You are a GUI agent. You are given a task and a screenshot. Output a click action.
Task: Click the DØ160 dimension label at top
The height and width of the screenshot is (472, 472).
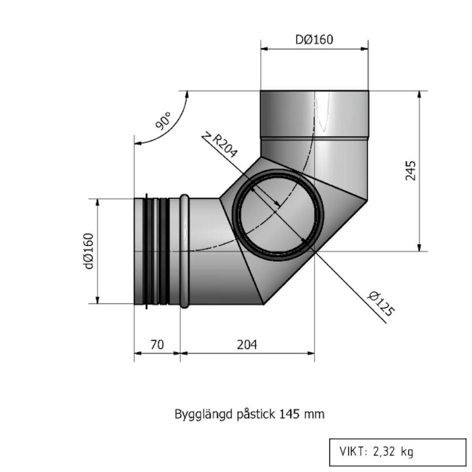pos(314,40)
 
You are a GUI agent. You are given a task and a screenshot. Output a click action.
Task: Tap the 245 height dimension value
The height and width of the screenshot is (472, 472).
pos(411,170)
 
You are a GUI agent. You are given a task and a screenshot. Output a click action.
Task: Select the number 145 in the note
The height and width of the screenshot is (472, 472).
pos(289,415)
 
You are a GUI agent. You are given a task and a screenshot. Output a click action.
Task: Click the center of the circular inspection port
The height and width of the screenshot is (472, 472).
pos(278,213)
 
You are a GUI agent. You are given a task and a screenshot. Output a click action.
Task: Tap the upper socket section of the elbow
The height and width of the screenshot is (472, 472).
pos(314,115)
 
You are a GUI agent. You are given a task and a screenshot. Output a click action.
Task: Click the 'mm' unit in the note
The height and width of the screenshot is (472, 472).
pos(315,415)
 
